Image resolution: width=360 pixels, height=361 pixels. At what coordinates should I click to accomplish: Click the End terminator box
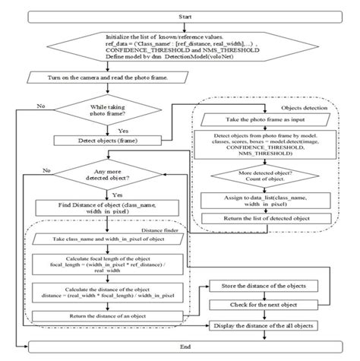tap(179, 348)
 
